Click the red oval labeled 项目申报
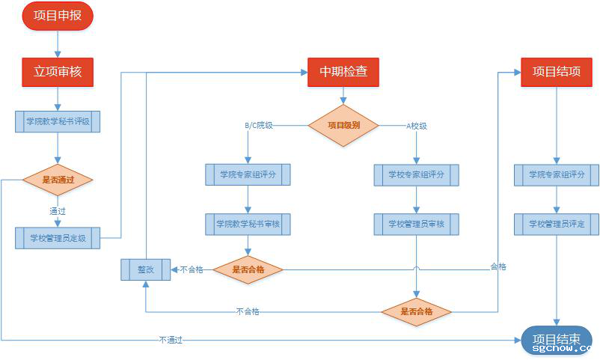58,16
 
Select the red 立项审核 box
58,72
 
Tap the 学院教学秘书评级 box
58,121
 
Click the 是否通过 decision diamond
58,180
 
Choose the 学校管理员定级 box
58,238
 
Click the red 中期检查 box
343,72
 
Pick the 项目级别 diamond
343,125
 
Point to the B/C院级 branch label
259,126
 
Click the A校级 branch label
417,126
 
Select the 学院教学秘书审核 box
248,224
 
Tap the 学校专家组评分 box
416,174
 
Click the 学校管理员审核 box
416,224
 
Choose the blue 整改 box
145,269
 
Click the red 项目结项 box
556,72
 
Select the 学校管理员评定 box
556,224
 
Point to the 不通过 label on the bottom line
171,341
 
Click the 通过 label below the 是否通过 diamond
58,211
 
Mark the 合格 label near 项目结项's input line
498,266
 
